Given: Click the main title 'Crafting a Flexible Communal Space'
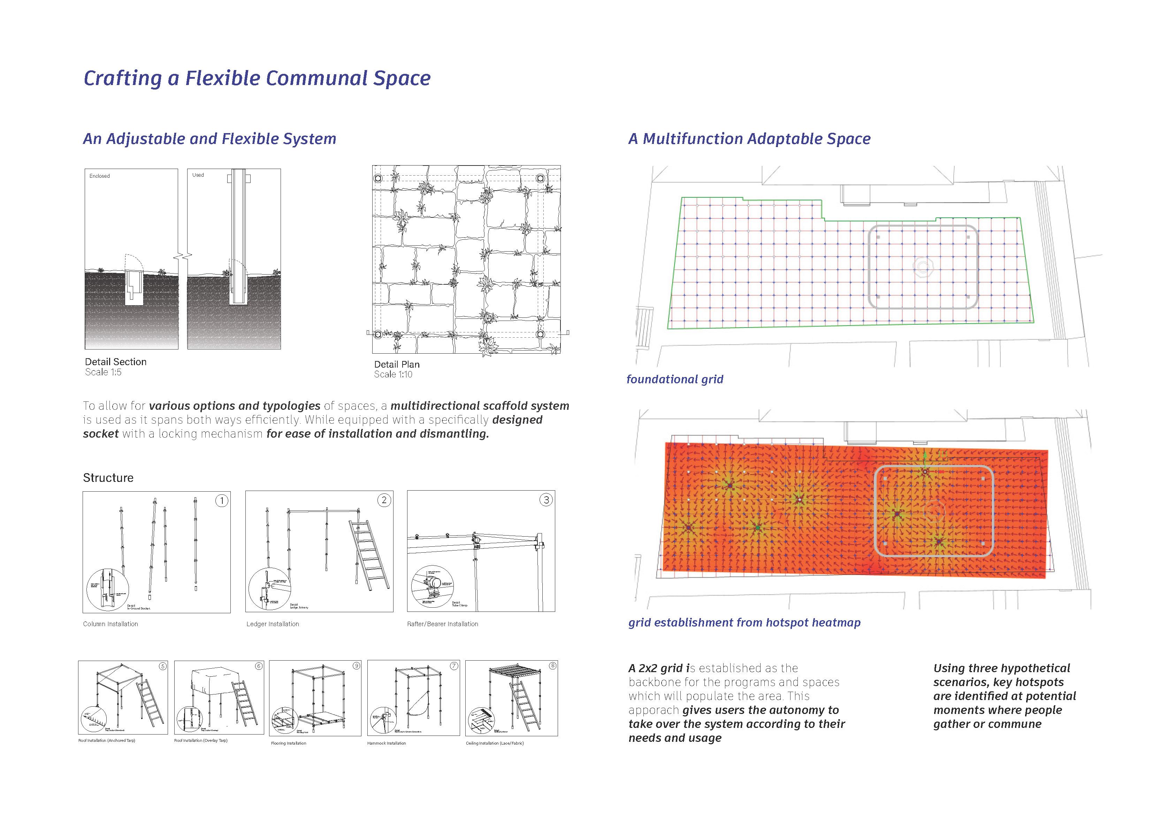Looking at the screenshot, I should click(x=257, y=78).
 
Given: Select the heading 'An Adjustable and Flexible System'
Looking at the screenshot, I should click(x=209, y=139).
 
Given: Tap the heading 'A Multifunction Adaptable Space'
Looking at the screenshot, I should click(x=749, y=139).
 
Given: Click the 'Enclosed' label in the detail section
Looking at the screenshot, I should click(x=99, y=176).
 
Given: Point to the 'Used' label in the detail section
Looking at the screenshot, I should click(x=198, y=175).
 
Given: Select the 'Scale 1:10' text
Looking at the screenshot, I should click(x=393, y=374).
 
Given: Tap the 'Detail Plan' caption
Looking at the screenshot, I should click(x=396, y=364).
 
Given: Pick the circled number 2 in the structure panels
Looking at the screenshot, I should click(x=384, y=500).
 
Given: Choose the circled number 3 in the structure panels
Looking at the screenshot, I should click(x=547, y=500).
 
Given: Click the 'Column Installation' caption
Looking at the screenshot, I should click(x=110, y=624).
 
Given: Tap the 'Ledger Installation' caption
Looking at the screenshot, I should click(x=272, y=624).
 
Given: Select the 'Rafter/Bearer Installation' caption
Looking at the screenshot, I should click(x=442, y=624).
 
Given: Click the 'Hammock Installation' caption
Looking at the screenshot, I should click(x=386, y=743).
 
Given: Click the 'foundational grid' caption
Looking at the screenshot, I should click(x=674, y=379).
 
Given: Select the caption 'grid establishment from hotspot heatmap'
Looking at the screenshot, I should click(x=744, y=623).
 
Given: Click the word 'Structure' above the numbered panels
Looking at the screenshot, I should click(x=108, y=478).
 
